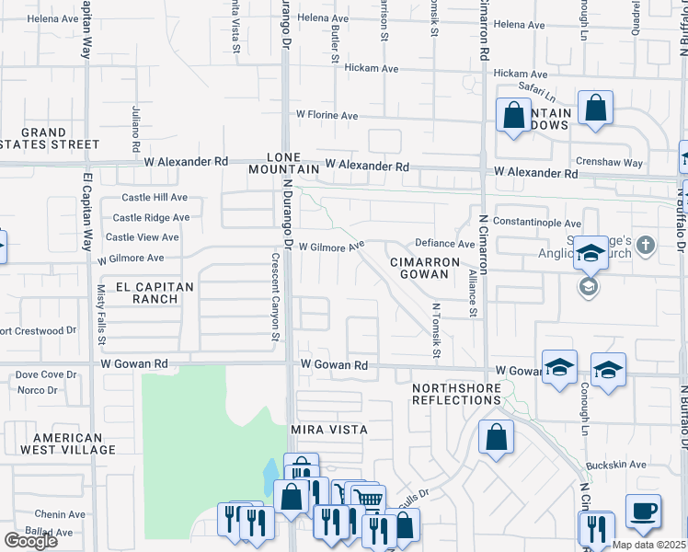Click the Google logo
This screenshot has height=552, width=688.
pyautogui.click(x=30, y=541)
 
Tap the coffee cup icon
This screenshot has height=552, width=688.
pyautogui.click(x=643, y=511)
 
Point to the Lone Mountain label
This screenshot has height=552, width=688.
pyautogui.click(x=284, y=163)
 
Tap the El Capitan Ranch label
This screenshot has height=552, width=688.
pyautogui.click(x=155, y=293)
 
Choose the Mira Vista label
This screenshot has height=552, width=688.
pyautogui.click(x=328, y=430)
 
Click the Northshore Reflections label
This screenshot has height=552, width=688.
pyautogui.click(x=456, y=394)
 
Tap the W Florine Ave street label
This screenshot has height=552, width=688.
pyautogui.click(x=327, y=115)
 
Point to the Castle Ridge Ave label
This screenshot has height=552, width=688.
pyautogui.click(x=151, y=218)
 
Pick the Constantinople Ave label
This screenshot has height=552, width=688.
pyautogui.click(x=537, y=223)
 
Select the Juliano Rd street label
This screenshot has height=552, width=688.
pyautogui.click(x=135, y=128)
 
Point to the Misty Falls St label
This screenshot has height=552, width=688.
pyautogui.click(x=101, y=309)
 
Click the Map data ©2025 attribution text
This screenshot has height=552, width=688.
pyautogui.click(x=648, y=544)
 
